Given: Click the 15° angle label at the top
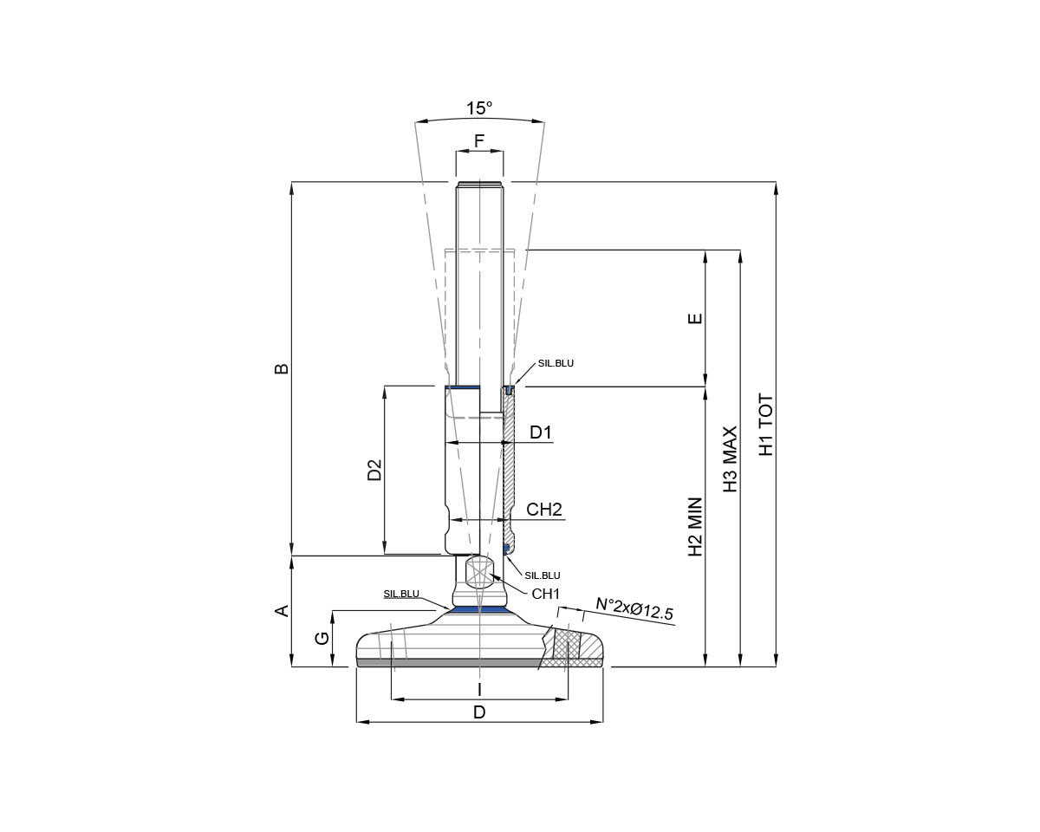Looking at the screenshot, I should click(x=479, y=108).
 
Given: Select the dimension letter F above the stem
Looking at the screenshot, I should click(x=479, y=140).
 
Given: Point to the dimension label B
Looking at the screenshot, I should click(x=282, y=368).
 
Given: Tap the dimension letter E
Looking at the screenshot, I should click(x=694, y=318).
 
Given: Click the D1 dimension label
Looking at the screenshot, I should click(x=541, y=432).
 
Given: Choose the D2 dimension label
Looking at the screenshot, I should click(x=374, y=469).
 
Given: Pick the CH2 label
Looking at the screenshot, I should click(x=544, y=510).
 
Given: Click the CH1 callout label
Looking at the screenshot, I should click(x=547, y=594).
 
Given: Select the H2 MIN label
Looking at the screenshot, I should click(x=695, y=526).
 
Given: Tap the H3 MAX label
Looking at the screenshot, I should click(x=730, y=459).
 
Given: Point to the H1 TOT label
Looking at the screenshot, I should click(x=766, y=426).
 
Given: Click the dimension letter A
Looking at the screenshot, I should click(x=282, y=611).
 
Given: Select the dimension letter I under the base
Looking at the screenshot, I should click(x=479, y=689).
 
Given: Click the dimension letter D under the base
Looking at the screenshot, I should click(x=479, y=712).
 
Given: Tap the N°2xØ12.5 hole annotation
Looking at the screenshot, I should click(x=634, y=608).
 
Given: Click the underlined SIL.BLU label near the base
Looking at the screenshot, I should click(x=401, y=594).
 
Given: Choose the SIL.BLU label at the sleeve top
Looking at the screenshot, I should click(x=556, y=363).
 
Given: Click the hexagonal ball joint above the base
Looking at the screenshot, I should click(x=479, y=573).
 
